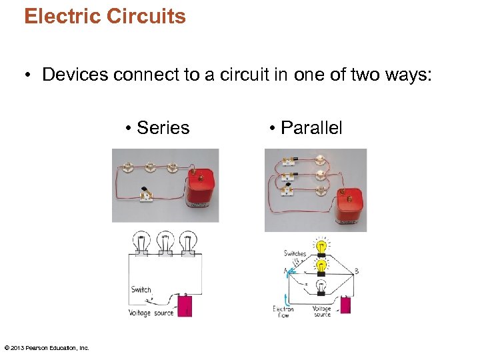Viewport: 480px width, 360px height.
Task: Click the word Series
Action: pyautogui.click(x=163, y=128)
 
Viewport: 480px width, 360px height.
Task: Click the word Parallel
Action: pyautogui.click(x=311, y=128)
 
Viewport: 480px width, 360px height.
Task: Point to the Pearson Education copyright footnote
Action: pyautogui.click(x=47, y=347)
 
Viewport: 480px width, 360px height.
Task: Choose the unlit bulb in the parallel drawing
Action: pyautogui.click(x=321, y=287)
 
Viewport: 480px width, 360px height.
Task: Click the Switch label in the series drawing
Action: pyautogui.click(x=141, y=290)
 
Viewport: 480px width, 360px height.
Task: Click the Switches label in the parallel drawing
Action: pyautogui.click(x=295, y=253)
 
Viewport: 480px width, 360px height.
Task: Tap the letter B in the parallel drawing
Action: pyautogui.click(x=357, y=271)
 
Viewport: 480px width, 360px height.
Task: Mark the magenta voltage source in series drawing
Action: pyautogui.click(x=185, y=307)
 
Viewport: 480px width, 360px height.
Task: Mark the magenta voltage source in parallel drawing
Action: pyautogui.click(x=345, y=305)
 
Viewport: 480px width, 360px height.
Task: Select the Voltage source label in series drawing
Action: pyautogui.click(x=151, y=313)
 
